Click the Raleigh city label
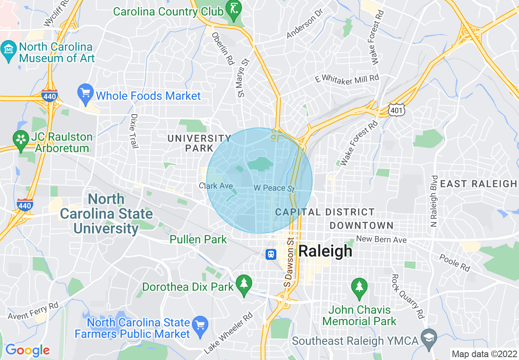[x=325, y=251]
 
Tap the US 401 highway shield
[x=397, y=109]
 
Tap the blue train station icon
[x=271, y=254]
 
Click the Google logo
[x=27, y=350]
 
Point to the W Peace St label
[x=274, y=189]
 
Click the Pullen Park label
[x=198, y=239]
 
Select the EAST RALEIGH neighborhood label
[x=478, y=184]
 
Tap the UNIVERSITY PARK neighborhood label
[x=199, y=143]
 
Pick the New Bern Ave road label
[x=381, y=239]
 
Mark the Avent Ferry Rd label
[x=33, y=310]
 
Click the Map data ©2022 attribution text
[x=483, y=354]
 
